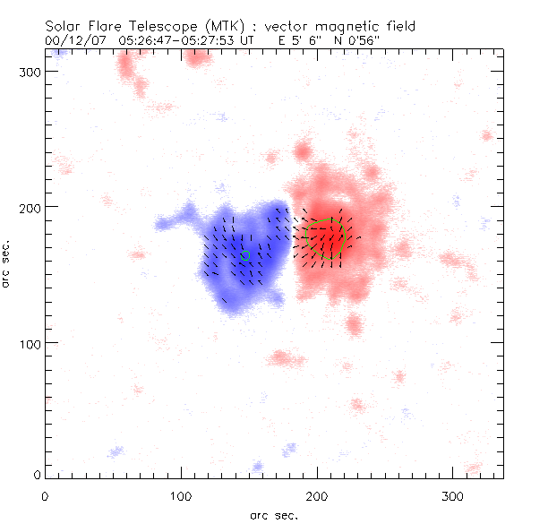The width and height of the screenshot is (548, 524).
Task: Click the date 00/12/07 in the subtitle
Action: pos(71,40)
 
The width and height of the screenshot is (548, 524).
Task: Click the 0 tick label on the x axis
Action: pos(45,494)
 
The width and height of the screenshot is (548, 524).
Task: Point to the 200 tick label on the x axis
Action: pos(316,494)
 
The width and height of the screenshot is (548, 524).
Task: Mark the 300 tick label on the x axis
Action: pos(451,494)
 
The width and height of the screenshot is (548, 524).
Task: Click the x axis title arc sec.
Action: pos(273,514)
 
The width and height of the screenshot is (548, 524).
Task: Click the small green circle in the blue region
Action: pos(245,255)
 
